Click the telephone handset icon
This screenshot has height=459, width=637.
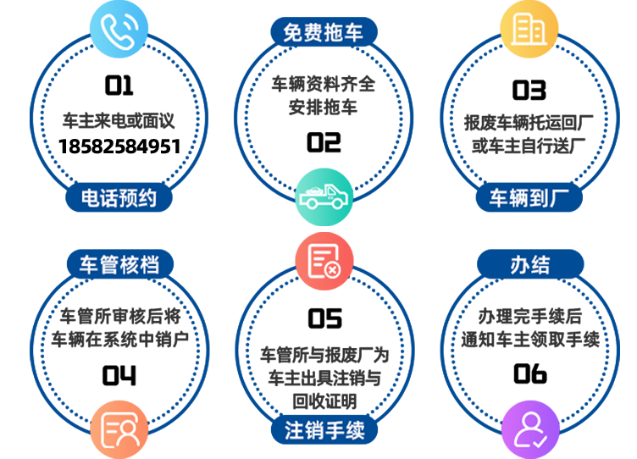[118, 30]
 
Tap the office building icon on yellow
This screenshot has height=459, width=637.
[528, 30]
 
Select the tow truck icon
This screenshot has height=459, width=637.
[323, 197]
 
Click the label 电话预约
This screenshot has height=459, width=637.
[119, 198]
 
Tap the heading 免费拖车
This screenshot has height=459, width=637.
[324, 33]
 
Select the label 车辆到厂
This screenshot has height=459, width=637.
[529, 198]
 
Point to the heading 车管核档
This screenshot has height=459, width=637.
[119, 265]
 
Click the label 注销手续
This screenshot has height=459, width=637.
[324, 430]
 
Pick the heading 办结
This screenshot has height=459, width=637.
[530, 265]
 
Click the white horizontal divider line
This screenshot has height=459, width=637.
[324, 229]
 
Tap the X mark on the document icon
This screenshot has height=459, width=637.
[334, 270]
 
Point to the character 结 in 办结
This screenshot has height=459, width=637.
[540, 265]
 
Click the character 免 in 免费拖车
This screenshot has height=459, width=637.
[293, 33]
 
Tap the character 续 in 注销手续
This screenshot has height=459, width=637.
[355, 430]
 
